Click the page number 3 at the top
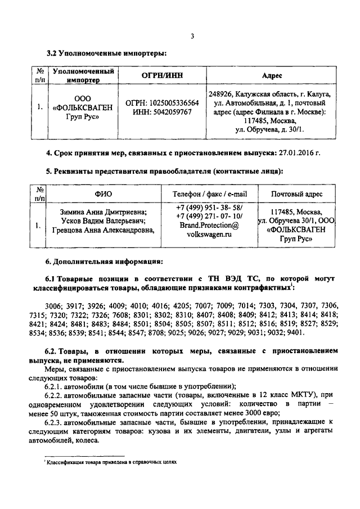(x=192, y=37)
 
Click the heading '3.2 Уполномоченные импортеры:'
(x=107, y=53)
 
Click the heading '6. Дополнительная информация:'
(x=105, y=262)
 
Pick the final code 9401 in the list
(x=294, y=332)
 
